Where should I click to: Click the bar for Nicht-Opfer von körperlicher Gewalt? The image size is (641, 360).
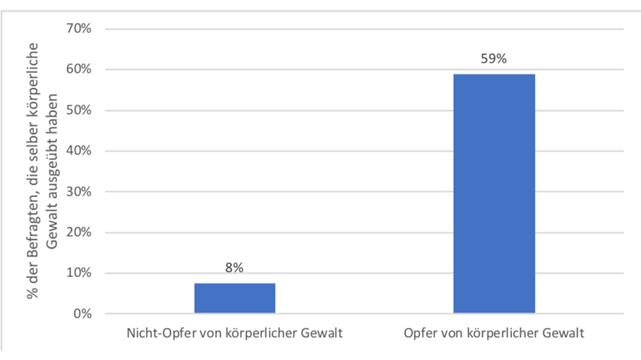234,298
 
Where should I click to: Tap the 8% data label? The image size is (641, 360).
234,268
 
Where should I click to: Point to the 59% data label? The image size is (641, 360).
494,58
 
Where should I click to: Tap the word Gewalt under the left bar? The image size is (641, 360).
322,334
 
